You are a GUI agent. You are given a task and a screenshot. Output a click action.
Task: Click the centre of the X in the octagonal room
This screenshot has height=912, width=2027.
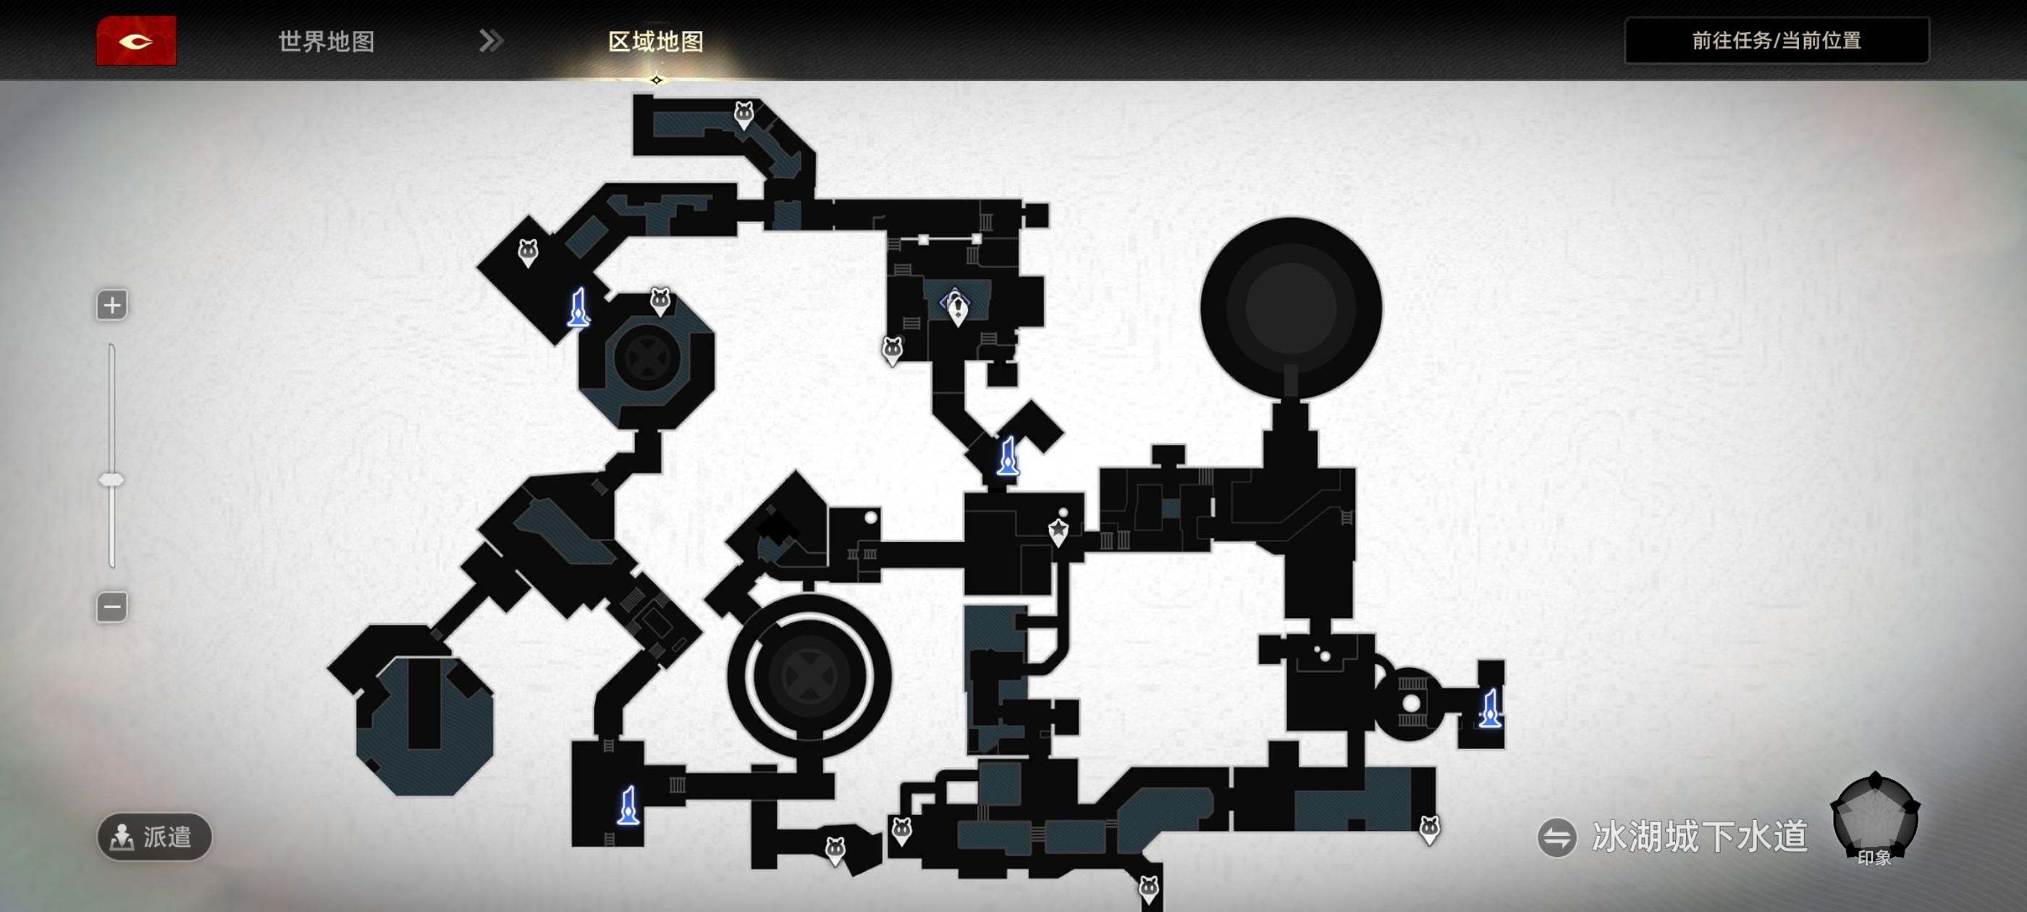[x=646, y=358]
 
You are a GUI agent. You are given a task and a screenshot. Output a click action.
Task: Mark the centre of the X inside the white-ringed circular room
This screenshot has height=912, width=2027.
[x=809, y=676]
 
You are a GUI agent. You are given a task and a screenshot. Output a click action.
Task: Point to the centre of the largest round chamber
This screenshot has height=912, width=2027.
[x=1291, y=308]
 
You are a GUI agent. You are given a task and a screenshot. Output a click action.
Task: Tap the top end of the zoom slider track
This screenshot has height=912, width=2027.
[x=111, y=346]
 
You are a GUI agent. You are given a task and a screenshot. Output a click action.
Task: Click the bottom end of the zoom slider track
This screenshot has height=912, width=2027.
[x=111, y=565]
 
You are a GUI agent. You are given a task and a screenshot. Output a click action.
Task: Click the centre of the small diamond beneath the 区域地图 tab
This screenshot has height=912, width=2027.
[x=657, y=80]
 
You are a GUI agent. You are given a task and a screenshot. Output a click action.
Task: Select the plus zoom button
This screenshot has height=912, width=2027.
[x=111, y=305]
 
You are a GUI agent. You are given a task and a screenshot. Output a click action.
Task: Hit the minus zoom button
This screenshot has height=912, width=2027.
[x=111, y=607]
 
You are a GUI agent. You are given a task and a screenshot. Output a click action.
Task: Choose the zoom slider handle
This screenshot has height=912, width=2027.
[x=111, y=480]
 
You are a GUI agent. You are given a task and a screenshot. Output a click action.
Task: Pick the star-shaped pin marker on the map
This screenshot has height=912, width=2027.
[x=1059, y=531]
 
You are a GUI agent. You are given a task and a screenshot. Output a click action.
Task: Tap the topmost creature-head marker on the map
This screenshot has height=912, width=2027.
[x=743, y=115]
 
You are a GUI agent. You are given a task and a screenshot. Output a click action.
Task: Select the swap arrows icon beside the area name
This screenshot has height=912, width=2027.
[x=1557, y=837]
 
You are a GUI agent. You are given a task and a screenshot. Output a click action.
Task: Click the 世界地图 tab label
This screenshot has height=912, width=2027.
[x=326, y=42]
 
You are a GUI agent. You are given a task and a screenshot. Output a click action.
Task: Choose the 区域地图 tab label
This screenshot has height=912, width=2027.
[x=655, y=42]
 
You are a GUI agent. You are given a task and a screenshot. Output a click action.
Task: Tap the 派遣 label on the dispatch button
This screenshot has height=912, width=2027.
[x=168, y=837]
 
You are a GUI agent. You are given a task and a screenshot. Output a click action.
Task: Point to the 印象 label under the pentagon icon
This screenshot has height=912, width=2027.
[x=1874, y=858]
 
